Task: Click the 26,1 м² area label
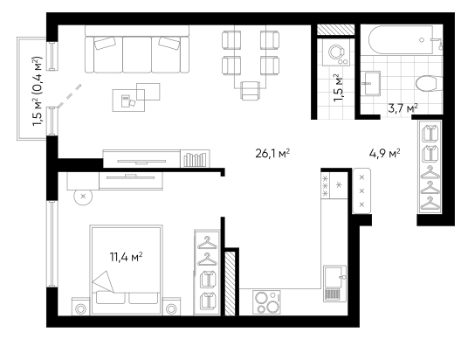point(272,154)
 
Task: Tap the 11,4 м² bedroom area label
point(127,257)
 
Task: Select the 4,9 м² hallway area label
point(385,154)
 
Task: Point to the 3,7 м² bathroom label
point(403,107)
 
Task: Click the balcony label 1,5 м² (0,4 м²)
point(38,91)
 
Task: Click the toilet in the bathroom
point(429,84)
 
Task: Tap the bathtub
point(401,39)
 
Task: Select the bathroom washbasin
point(370,84)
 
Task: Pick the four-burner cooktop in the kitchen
point(266,302)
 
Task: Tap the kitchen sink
point(335,284)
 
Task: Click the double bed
point(127,270)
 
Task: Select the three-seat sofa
point(137,49)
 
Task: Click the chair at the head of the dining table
point(251,91)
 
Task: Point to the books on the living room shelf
point(195,160)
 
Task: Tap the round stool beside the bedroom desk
point(83,197)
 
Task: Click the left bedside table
point(80,307)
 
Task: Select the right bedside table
point(171,307)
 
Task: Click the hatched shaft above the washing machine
point(335,30)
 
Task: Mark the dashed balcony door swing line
point(70,95)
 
